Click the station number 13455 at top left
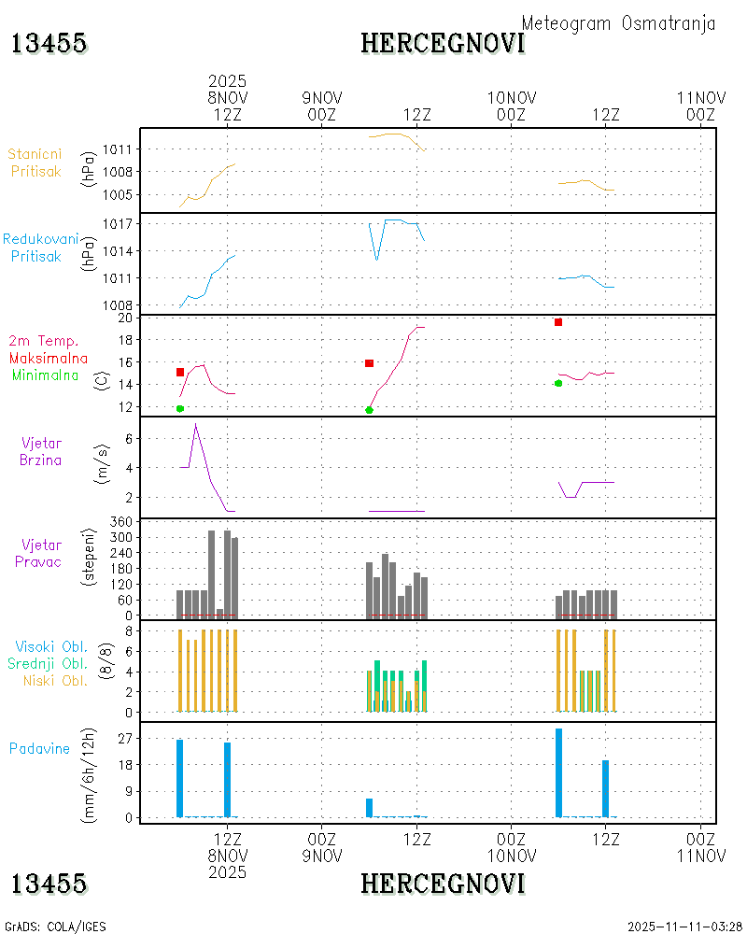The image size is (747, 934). click(x=49, y=43)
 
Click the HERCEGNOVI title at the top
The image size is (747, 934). click(x=443, y=43)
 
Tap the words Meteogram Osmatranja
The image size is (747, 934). click(x=618, y=23)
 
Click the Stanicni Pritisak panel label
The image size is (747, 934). click(x=35, y=163)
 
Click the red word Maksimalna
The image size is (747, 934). click(x=49, y=359)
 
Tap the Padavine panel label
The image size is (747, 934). click(x=39, y=748)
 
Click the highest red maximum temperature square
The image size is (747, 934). click(x=558, y=322)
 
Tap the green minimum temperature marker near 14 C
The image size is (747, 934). click(x=558, y=383)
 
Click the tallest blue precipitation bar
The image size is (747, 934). click(x=558, y=771)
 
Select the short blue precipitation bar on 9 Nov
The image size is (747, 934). click(x=369, y=808)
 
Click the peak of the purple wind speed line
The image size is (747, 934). click(x=195, y=424)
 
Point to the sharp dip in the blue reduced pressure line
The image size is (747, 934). click(x=377, y=259)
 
